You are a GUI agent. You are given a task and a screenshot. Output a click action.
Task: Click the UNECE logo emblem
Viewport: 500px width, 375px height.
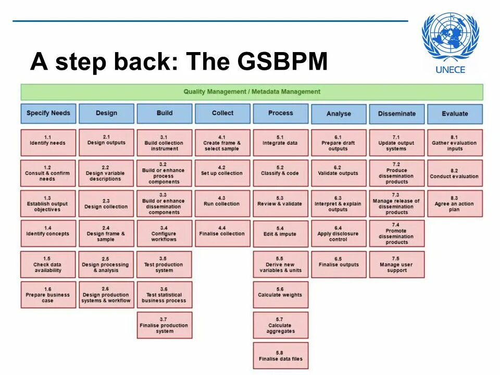coord(449,37)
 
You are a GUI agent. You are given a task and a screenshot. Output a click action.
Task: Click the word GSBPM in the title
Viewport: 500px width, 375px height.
coord(282,62)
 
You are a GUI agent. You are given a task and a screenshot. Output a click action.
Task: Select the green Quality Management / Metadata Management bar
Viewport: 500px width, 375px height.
coord(252,92)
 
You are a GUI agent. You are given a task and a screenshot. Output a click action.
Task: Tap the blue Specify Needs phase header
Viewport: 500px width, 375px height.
coord(48,113)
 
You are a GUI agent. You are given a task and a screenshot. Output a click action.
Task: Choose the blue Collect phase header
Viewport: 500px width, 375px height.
coord(222,113)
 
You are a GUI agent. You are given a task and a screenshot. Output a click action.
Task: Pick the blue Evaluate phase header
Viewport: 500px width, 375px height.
coord(455,114)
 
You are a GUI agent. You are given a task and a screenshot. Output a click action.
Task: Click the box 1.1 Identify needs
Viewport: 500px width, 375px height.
coord(48,142)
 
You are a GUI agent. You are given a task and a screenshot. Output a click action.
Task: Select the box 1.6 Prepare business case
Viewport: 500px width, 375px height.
coord(48,295)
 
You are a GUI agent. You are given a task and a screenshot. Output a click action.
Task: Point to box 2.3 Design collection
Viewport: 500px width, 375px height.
coord(106,204)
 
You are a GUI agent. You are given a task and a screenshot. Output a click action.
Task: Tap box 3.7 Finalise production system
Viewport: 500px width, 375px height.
coord(165,325)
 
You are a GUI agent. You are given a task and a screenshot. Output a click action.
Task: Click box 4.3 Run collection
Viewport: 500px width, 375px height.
coord(222,203)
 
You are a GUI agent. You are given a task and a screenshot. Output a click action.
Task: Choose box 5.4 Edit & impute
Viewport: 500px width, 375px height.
coord(280,234)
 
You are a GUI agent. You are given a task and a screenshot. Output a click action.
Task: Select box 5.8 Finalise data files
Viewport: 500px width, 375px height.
coord(280,356)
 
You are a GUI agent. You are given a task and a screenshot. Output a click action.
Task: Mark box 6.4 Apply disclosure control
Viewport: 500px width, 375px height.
coord(339,234)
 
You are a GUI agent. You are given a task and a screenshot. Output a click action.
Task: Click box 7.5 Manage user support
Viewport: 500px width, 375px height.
coord(397,265)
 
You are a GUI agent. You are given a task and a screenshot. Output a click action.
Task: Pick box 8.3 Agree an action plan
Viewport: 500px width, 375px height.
coord(455,204)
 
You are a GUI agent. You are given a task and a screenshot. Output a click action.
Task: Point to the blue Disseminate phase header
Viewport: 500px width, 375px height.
coord(397,114)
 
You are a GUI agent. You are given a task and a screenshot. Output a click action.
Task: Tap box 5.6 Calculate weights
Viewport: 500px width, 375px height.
coord(280,295)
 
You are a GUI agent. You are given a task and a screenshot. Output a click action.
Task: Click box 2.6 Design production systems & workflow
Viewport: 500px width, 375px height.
coord(106,295)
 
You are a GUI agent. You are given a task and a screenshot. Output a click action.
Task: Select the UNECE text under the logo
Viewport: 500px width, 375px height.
coord(449,70)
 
